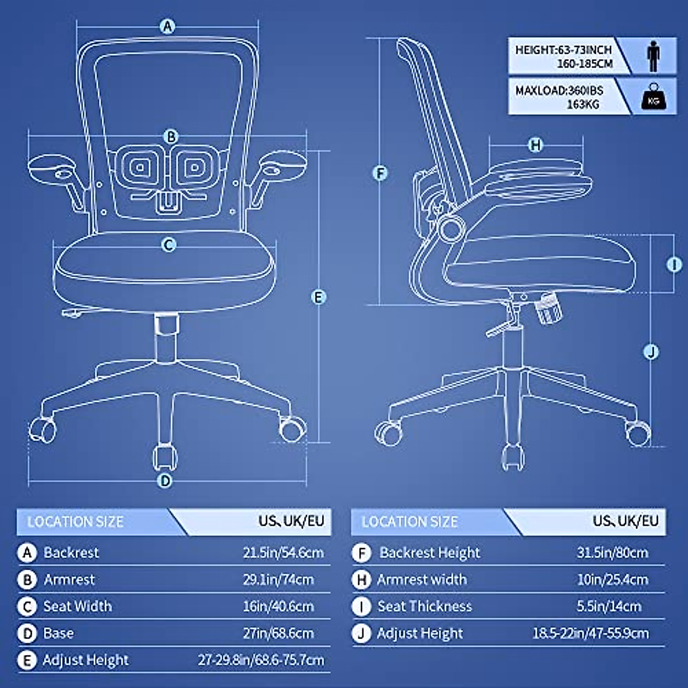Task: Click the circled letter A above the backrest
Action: (x=167, y=26)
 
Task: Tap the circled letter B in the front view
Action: (x=171, y=136)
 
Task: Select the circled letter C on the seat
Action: (x=169, y=245)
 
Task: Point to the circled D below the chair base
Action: (x=165, y=480)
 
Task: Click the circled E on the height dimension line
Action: (x=318, y=297)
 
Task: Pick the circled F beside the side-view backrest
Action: (x=380, y=173)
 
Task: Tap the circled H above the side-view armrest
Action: (x=535, y=145)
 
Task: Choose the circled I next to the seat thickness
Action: (x=674, y=264)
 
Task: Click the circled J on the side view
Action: (x=651, y=351)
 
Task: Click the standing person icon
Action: (x=653, y=56)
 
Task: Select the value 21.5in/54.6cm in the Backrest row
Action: (x=283, y=553)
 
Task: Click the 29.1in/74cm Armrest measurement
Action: (x=278, y=579)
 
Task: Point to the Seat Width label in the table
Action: (x=77, y=606)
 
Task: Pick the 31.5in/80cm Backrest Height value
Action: (x=612, y=553)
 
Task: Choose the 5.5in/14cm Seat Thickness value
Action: (x=609, y=606)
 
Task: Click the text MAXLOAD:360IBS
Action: (x=559, y=91)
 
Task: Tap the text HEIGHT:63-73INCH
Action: (x=563, y=50)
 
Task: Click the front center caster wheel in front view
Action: (x=165, y=457)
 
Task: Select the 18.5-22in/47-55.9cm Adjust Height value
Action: (x=591, y=633)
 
